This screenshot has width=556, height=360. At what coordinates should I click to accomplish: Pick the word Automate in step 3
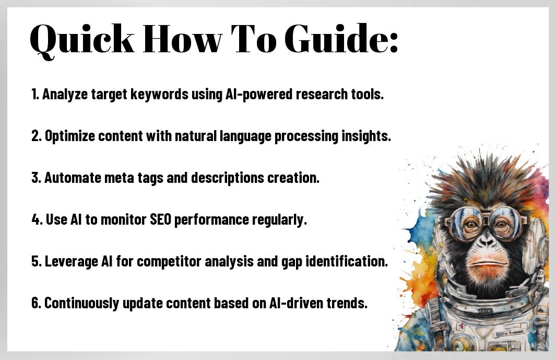(x=73, y=178)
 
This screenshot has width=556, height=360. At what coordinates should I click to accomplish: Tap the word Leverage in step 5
(x=72, y=262)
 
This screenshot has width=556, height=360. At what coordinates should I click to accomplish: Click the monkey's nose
(x=486, y=242)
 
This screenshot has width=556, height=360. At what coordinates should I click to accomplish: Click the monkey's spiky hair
(x=486, y=181)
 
